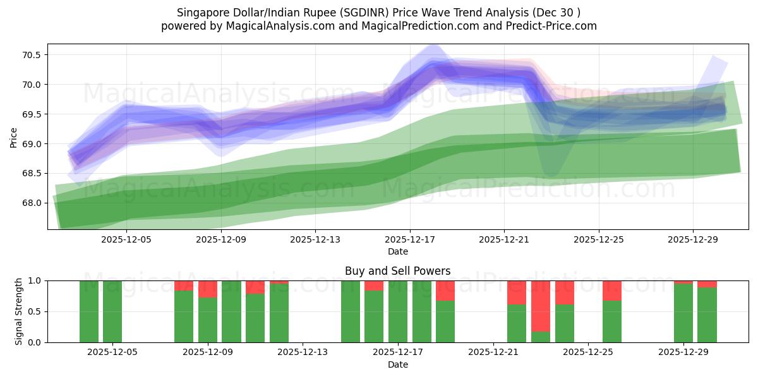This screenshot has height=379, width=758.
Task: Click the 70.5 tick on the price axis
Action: tap(32, 55)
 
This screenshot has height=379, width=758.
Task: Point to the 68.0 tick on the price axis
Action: tap(32, 203)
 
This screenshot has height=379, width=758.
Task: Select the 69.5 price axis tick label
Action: tap(32, 114)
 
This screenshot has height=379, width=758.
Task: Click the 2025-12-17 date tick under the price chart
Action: tap(409, 240)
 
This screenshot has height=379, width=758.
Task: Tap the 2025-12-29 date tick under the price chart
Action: tap(693, 240)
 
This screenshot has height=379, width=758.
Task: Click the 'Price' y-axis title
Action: tap(14, 136)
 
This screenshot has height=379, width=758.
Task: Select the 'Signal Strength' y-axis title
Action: tap(19, 311)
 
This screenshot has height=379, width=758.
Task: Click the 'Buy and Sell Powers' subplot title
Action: tap(397, 271)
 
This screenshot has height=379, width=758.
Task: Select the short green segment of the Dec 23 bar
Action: tap(541, 337)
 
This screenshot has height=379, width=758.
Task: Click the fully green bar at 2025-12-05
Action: tap(112, 311)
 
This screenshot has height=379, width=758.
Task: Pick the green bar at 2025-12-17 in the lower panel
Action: tap(398, 311)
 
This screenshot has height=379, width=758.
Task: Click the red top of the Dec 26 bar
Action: tap(612, 291)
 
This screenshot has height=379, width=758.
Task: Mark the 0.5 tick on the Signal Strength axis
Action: tap(35, 311)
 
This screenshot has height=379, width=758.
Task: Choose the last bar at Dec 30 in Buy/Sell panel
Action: tap(707, 315)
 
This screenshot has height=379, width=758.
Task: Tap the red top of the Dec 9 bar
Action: tap(208, 289)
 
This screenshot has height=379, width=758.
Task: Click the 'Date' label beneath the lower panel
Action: tap(397, 364)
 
